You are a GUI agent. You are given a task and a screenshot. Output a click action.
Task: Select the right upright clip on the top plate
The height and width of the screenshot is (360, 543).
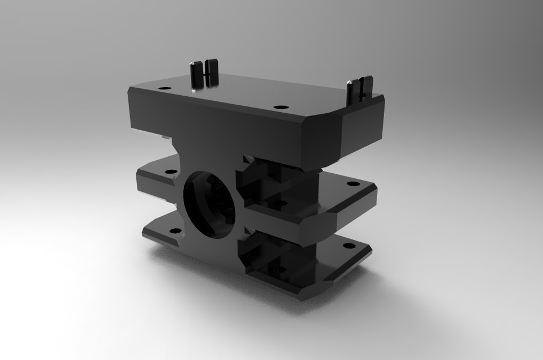360,88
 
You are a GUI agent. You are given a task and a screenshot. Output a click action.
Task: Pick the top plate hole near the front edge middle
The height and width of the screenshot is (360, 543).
278,107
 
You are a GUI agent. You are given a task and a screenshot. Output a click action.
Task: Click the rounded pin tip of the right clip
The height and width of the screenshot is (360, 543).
351,82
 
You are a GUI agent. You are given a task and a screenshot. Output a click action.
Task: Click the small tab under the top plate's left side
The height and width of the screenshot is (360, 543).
165,136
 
